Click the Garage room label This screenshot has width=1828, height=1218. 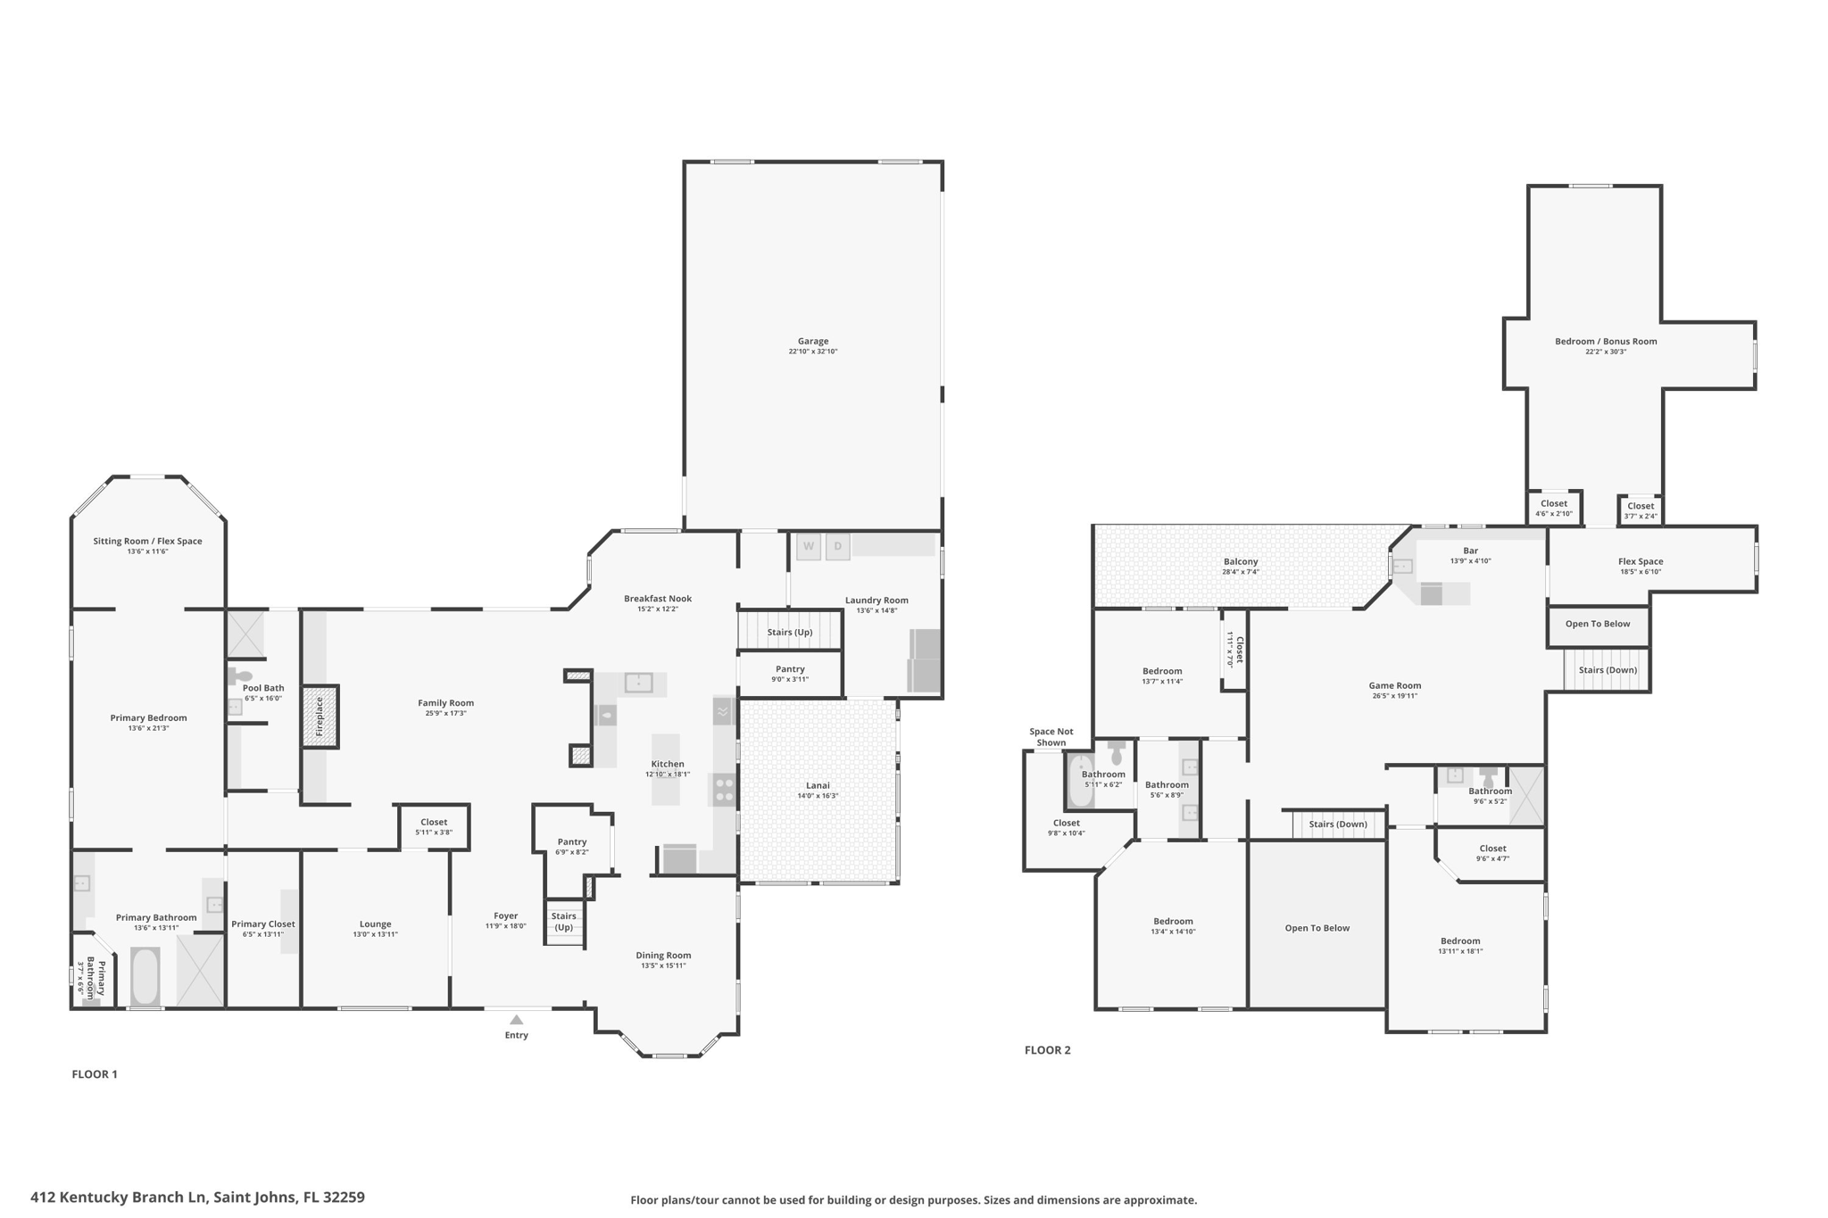coord(812,341)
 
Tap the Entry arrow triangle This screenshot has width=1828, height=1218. coord(516,1020)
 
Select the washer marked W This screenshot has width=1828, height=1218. coord(808,546)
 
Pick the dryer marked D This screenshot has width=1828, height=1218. coord(837,546)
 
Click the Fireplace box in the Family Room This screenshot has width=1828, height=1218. coord(320,717)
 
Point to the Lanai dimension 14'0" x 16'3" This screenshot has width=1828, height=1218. coord(818,796)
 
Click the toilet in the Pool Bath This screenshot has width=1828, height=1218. coord(242,676)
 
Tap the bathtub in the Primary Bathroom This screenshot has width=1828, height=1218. coord(145,976)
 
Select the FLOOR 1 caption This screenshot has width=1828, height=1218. coord(95,1074)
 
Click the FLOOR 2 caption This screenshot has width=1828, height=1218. coord(1047,1050)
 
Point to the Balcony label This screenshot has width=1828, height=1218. coord(1241,562)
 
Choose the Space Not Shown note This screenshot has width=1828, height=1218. coord(1051,737)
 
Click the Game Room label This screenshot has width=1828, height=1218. coord(1394,686)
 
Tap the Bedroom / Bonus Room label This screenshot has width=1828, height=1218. coord(1605,342)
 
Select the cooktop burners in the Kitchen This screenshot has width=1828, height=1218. coord(724,790)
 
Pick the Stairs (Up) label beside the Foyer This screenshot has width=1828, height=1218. coord(563,922)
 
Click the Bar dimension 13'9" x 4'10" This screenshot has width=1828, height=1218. coord(1470,561)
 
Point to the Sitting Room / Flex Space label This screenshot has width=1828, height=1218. coord(147,542)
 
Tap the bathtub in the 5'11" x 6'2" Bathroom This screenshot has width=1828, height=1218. coord(1079,781)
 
